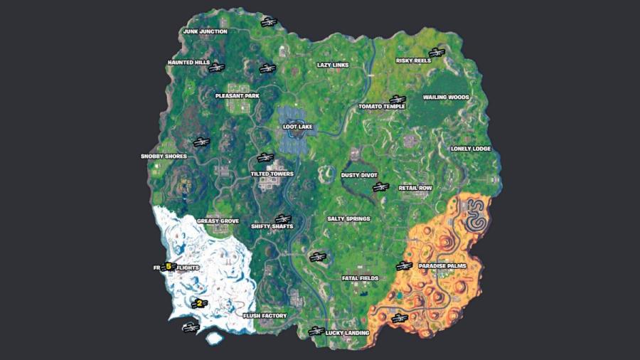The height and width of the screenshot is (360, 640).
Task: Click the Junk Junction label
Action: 205,31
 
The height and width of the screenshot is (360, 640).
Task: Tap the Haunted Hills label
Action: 188,63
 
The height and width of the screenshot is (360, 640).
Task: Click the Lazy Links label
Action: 332,65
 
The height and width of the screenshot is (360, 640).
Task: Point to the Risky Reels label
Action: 413,61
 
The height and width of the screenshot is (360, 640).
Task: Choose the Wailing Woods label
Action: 446,97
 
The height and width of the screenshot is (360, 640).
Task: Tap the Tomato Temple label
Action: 381,107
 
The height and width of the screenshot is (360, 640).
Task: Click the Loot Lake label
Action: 298,127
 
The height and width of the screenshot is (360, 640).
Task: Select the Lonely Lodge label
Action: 471,149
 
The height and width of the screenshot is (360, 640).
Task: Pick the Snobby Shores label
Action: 164,157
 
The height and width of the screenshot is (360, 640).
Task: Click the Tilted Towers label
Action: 272,174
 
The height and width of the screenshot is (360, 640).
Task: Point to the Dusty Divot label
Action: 359,174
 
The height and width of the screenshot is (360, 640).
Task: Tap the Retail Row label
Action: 415,189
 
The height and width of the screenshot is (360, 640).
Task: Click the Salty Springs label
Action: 348,219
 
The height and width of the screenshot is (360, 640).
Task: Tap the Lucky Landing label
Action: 347,332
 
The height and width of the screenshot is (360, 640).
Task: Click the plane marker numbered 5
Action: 169,267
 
